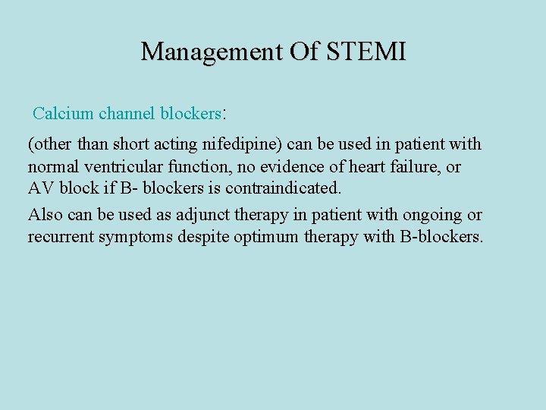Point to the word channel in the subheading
[x=127, y=114]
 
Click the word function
[x=204, y=166]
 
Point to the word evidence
[x=291, y=166]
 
